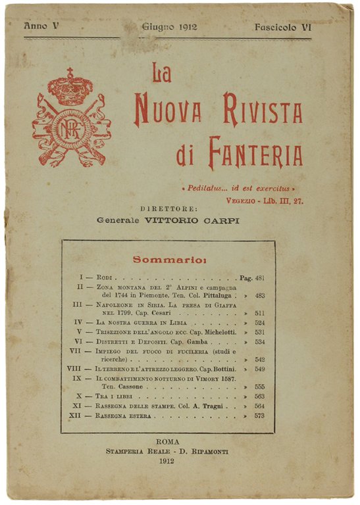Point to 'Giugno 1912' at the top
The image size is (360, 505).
tap(169, 28)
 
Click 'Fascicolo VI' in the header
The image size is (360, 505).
tap(284, 28)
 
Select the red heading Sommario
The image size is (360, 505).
tap(169, 259)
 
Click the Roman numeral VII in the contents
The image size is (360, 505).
tap(74, 352)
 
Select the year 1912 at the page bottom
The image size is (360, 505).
tap(168, 462)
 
